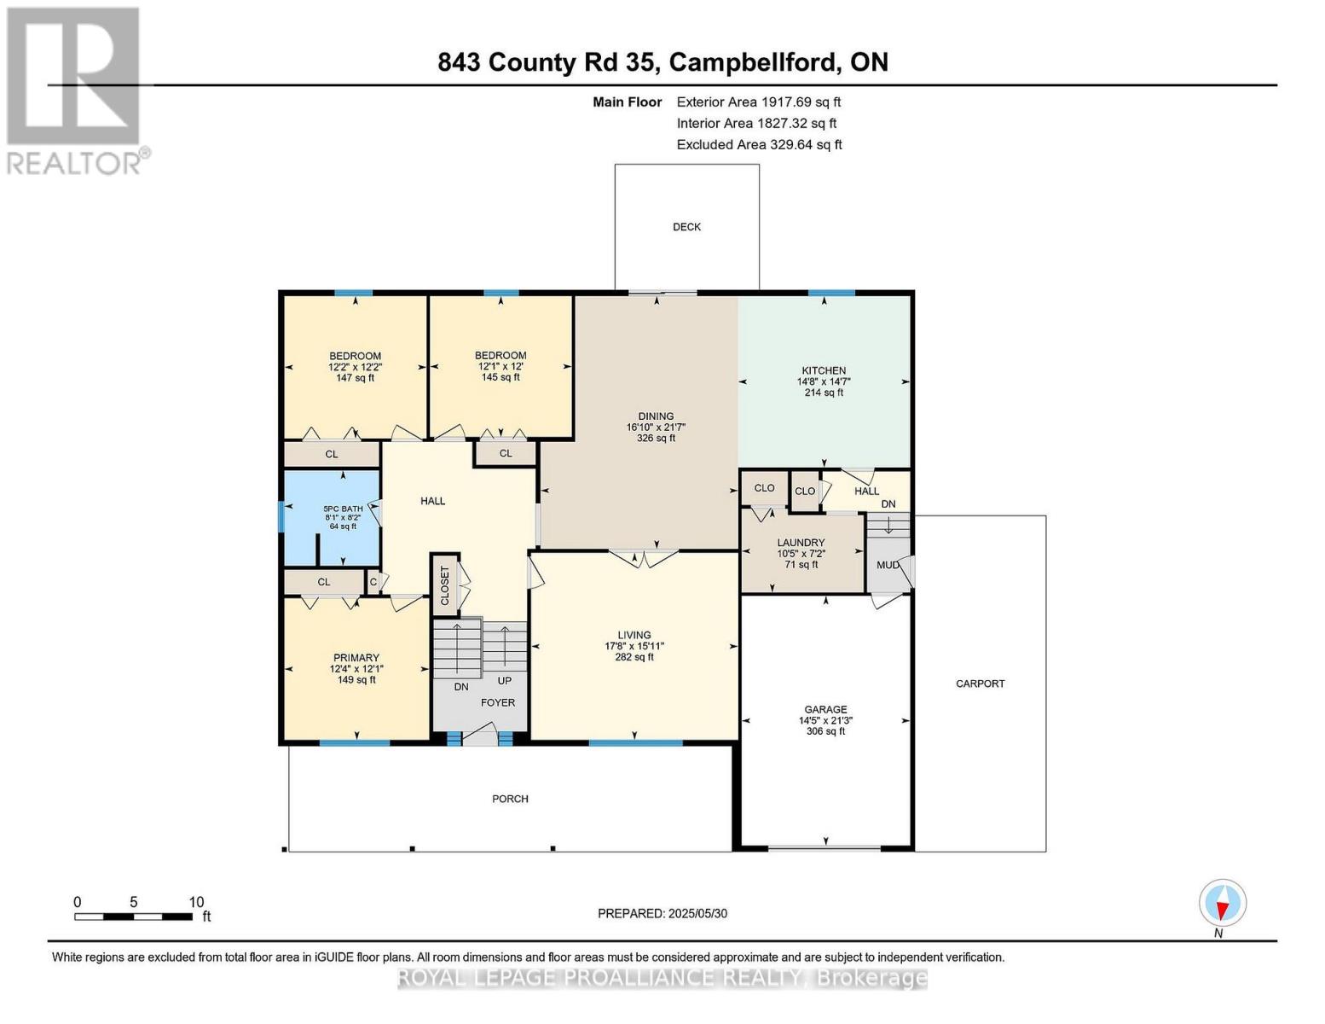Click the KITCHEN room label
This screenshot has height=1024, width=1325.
click(x=823, y=370)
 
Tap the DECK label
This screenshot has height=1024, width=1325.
click(x=686, y=227)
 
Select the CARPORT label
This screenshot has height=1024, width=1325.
click(x=980, y=684)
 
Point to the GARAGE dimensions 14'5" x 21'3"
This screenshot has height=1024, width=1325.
click(x=825, y=720)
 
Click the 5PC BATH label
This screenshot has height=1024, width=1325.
click(x=343, y=509)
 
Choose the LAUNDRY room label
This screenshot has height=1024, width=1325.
click(x=801, y=543)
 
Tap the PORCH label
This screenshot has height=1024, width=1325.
click(x=510, y=799)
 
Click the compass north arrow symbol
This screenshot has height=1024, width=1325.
click(x=1223, y=904)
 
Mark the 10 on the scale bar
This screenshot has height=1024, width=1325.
click(x=196, y=902)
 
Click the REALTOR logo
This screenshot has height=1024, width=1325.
click(x=74, y=90)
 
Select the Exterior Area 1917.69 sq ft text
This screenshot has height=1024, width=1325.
click(x=758, y=102)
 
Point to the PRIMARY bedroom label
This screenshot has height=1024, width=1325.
click(x=356, y=658)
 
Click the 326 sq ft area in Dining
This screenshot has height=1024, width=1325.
click(x=656, y=439)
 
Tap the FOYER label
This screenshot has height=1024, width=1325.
click(x=498, y=702)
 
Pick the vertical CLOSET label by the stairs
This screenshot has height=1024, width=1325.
click(x=444, y=585)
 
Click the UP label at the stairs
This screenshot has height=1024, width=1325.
click(x=504, y=681)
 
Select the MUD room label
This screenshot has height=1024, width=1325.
click(x=888, y=565)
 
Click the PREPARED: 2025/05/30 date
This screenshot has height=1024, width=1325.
click(x=662, y=913)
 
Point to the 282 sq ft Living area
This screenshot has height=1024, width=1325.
click(x=634, y=657)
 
